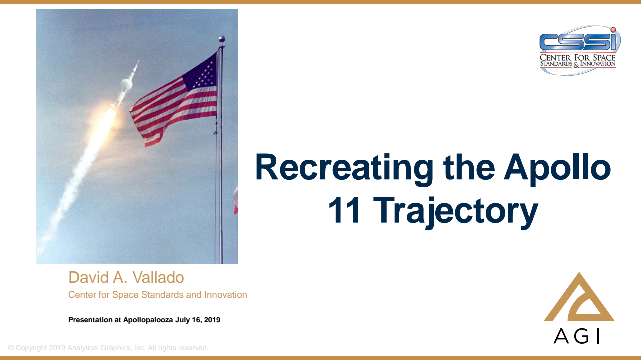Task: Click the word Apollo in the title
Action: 557,168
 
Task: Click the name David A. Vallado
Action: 126,277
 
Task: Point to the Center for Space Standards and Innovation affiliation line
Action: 157,295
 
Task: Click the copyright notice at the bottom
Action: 108,348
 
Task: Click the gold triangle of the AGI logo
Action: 579,300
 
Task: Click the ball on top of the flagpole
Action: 221,39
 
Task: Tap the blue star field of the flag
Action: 200,75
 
